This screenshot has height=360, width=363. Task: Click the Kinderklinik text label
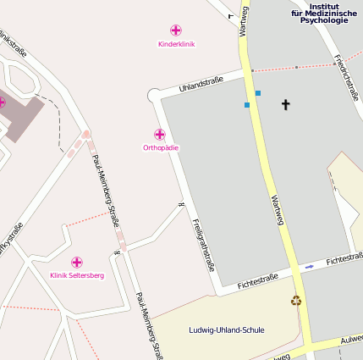point(176,44)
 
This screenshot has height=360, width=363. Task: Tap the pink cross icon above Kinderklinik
point(176,30)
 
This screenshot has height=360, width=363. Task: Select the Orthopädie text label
point(161,148)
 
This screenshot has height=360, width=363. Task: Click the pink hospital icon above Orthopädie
point(160,135)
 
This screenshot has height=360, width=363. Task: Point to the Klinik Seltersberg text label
point(77,275)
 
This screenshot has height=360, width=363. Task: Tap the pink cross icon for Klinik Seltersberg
point(77,262)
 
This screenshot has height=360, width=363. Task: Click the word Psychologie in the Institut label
point(324,20)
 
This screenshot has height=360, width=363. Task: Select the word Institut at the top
point(324,5)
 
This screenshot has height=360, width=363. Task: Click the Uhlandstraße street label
point(201,85)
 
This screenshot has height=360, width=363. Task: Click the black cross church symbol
point(285,104)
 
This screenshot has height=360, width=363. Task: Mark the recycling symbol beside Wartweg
point(296,300)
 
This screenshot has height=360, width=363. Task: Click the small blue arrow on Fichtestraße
point(310,267)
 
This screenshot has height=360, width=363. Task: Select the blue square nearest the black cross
point(258,93)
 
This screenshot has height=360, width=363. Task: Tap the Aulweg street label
point(351,339)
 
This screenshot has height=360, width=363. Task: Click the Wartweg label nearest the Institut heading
point(245,19)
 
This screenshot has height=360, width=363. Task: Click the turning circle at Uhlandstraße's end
point(154,95)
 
